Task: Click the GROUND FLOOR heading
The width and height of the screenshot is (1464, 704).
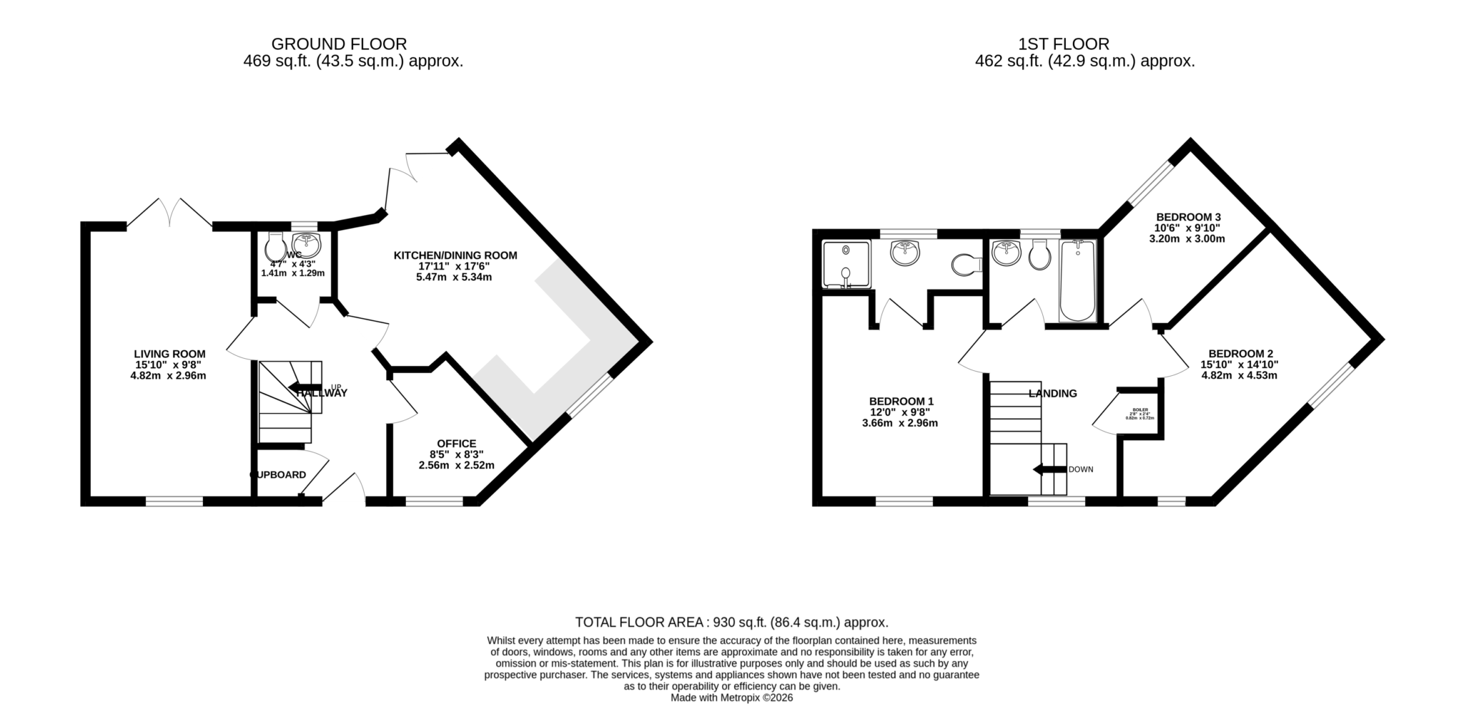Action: [339, 44]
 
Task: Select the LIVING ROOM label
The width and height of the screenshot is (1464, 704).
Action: [169, 354]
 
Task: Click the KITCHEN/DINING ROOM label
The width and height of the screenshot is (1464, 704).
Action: [455, 255]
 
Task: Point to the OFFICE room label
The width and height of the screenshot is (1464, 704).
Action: [456, 443]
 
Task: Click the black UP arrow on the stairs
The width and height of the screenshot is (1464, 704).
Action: [304, 388]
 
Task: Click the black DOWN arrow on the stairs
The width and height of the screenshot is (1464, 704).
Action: [1049, 470]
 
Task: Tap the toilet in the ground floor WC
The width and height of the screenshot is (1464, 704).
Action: [274, 247]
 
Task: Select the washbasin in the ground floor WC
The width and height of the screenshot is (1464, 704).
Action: [307, 244]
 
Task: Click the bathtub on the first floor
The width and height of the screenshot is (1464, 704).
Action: [1077, 281]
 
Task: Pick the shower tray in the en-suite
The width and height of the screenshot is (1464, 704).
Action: [846, 265]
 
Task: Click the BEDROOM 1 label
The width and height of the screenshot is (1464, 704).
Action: [901, 402]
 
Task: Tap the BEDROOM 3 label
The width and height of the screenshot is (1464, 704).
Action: [1188, 217]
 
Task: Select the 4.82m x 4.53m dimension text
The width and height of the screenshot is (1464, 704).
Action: [1239, 375]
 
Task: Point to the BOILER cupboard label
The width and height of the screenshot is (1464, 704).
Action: [1139, 410]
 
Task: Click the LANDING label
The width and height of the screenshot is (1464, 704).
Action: [1052, 393]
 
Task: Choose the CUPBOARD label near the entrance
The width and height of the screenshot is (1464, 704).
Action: [278, 475]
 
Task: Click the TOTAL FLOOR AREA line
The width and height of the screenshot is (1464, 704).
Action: [731, 623]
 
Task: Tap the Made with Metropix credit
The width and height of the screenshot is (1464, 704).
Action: [731, 698]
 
